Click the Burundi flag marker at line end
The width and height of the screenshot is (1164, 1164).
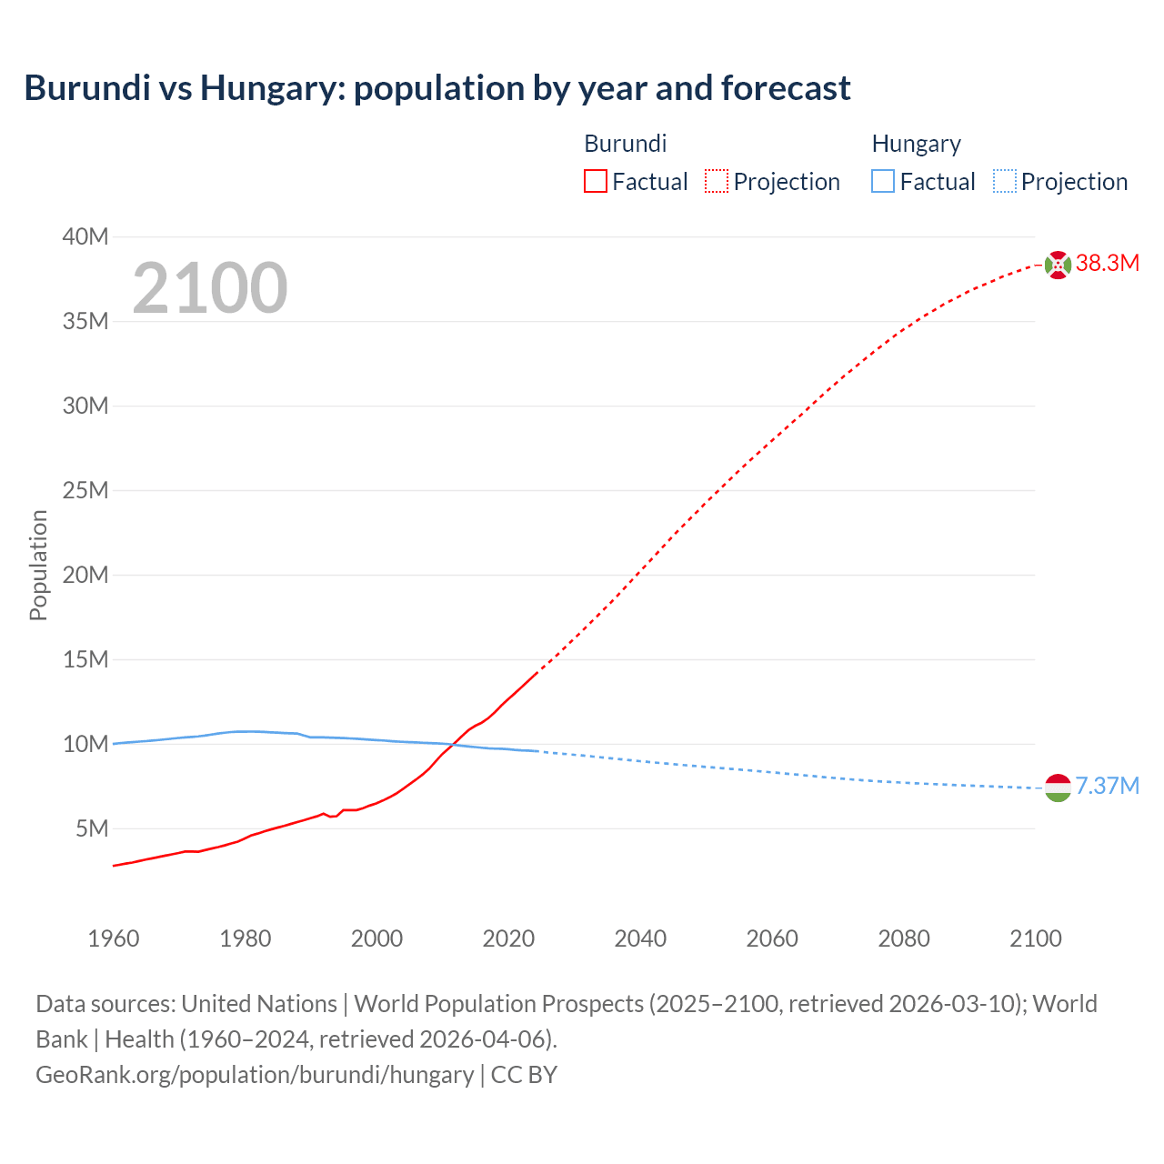pyautogui.click(x=1058, y=265)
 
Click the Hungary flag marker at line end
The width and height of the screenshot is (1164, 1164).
pyautogui.click(x=1058, y=788)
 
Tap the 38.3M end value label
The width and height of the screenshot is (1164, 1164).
pyautogui.click(x=1107, y=264)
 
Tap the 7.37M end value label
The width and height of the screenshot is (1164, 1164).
pyautogui.click(x=1107, y=787)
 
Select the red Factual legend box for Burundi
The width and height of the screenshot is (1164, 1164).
pyautogui.click(x=595, y=182)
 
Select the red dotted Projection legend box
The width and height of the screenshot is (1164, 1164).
pyautogui.click(x=717, y=182)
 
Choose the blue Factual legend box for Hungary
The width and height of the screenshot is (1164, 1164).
pyautogui.click(x=882, y=182)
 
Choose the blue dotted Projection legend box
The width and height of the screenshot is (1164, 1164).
pyautogui.click(x=1004, y=182)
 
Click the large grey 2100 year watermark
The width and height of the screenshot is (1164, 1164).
pyautogui.click(x=210, y=288)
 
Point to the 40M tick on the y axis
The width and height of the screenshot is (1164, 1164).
pyautogui.click(x=85, y=237)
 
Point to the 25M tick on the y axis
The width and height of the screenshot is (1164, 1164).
pyautogui.click(x=85, y=491)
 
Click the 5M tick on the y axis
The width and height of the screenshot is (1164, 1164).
pyautogui.click(x=92, y=828)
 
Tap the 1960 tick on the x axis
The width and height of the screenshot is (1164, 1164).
pyautogui.click(x=114, y=938)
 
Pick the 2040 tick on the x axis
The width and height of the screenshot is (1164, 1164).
pyautogui.click(x=640, y=938)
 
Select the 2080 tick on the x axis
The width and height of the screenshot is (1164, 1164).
pyautogui.click(x=904, y=938)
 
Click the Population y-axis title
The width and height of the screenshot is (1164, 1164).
pyautogui.click(x=38, y=565)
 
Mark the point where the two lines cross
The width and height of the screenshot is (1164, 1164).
pyautogui.click(x=454, y=746)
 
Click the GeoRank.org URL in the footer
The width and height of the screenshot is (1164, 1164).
pyautogui.click(x=255, y=1075)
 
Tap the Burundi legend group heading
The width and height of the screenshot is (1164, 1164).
pyautogui.click(x=625, y=144)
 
